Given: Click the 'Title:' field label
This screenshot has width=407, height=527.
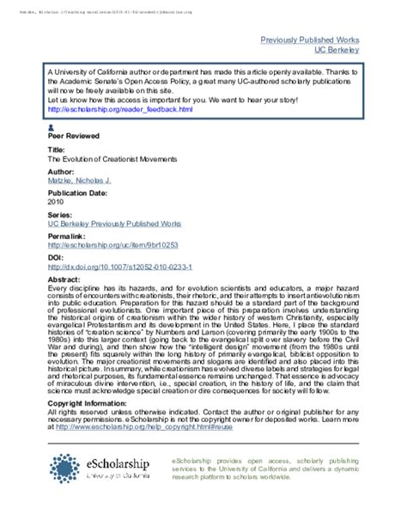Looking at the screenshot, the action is pyautogui.click(x=56, y=150).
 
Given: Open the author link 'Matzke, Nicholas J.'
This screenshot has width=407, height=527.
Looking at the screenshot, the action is pyautogui.click(x=80, y=182).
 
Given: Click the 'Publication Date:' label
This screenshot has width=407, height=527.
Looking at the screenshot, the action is pyautogui.click(x=78, y=193).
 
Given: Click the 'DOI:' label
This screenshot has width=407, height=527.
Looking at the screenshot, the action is pyautogui.click(x=54, y=257).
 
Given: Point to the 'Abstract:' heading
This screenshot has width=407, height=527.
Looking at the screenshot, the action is pyautogui.click(x=65, y=279).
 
